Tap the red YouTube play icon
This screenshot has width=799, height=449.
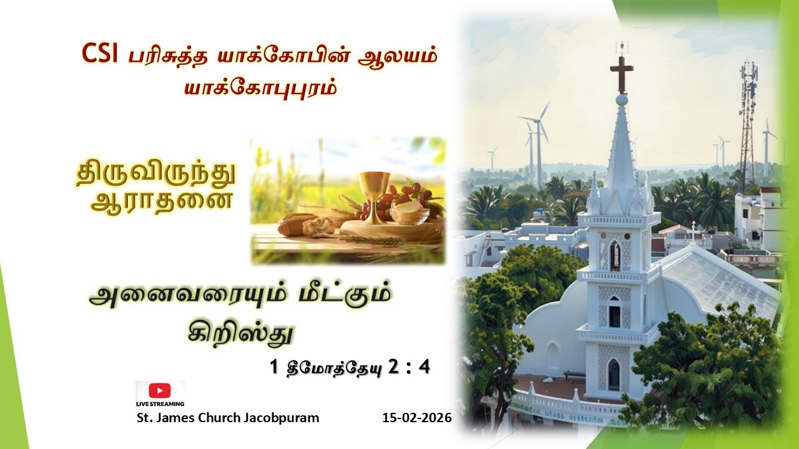[160, 390]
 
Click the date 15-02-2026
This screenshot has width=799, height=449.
[416, 418]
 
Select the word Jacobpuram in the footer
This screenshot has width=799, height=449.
[287, 418]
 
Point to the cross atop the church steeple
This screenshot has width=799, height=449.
[621, 72]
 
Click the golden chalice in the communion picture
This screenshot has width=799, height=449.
[374, 193]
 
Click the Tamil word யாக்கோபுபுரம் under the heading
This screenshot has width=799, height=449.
[260, 87]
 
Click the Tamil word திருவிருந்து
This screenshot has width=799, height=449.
[156, 175]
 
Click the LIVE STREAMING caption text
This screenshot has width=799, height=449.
[160, 404]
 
